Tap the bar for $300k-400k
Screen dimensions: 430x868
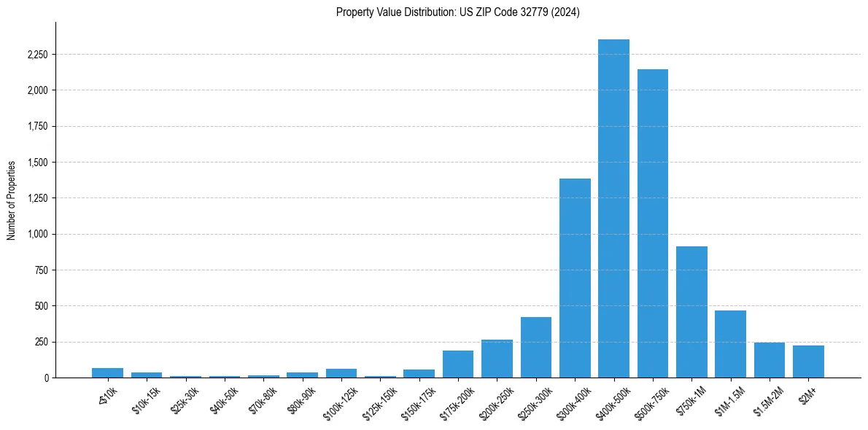click(x=575, y=278)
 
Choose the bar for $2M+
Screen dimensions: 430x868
click(x=808, y=361)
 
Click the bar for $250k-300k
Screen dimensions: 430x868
click(x=536, y=347)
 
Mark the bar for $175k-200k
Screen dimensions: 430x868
click(x=458, y=364)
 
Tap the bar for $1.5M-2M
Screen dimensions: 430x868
click(x=770, y=360)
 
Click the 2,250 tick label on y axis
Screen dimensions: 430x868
click(x=37, y=55)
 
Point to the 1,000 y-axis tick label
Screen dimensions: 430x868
click(x=37, y=234)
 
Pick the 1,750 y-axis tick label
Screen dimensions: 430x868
click(x=37, y=126)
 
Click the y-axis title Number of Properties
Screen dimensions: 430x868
click(x=12, y=200)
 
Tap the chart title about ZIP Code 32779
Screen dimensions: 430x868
click(x=458, y=12)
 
